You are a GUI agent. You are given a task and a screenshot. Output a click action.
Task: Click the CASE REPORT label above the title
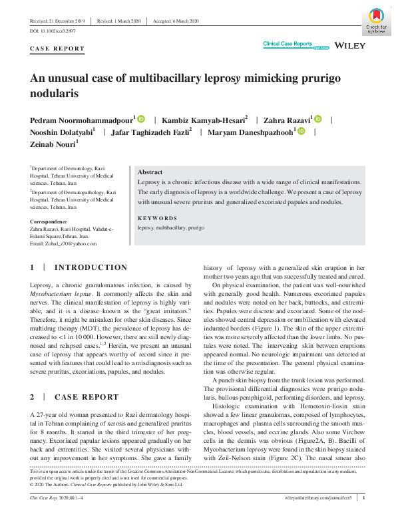coord(58,49)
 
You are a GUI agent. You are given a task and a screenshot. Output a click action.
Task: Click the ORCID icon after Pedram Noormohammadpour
coord(141,119)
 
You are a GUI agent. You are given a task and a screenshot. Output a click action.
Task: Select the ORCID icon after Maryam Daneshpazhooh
coord(301,132)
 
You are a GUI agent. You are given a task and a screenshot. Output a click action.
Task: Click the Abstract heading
coord(150,172)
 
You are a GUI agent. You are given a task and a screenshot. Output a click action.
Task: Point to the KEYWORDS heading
coord(157,218)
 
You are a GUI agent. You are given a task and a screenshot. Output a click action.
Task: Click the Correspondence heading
coord(49,221)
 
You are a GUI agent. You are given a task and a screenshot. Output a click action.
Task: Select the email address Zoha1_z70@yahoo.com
coord(63,243)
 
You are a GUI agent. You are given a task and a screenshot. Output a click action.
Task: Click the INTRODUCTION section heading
coord(91,268)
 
